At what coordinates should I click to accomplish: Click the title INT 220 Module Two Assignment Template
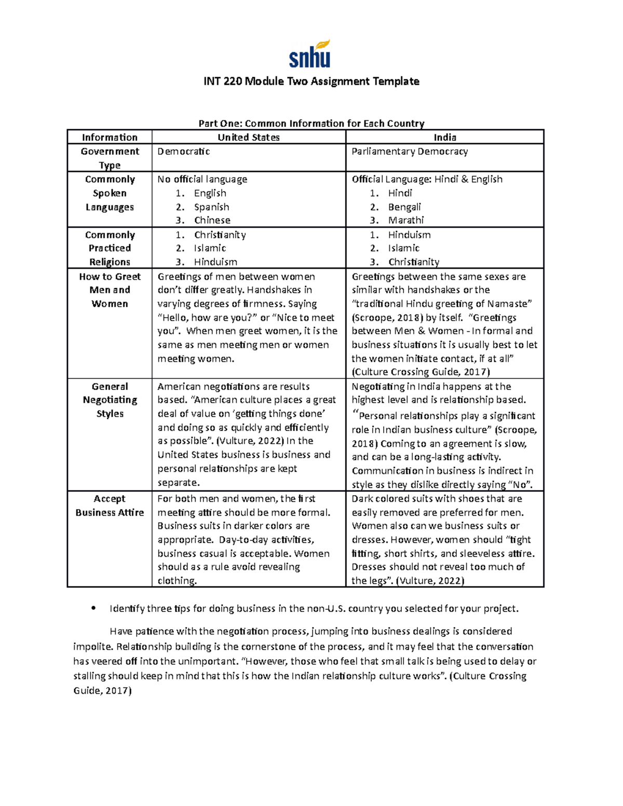click(x=311, y=81)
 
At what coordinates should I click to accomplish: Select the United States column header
click(x=248, y=138)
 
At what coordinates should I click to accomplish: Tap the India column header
click(x=444, y=138)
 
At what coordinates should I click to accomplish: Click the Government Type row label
click(x=110, y=158)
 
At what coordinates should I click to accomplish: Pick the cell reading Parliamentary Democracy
click(x=410, y=152)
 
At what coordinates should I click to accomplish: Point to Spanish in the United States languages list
click(x=211, y=207)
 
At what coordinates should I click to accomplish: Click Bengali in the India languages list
click(x=404, y=207)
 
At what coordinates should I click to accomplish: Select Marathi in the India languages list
click(x=406, y=220)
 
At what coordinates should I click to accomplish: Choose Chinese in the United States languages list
click(x=212, y=220)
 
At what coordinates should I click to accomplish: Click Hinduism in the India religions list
click(x=409, y=235)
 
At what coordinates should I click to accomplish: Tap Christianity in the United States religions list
click(x=220, y=235)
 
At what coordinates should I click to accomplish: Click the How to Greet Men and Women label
click(x=110, y=290)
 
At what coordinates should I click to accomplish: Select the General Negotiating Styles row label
click(x=110, y=400)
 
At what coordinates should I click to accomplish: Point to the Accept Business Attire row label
click(x=110, y=506)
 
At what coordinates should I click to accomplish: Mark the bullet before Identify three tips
click(x=93, y=608)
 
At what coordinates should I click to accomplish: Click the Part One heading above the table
click(x=311, y=124)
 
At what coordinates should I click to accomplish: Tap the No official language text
click(x=202, y=179)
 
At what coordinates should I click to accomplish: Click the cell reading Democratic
click(x=184, y=152)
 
